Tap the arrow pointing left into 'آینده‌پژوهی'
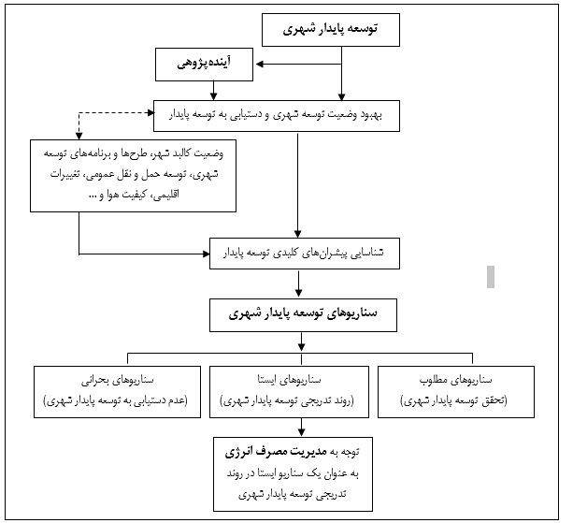pos(265,64)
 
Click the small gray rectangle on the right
pos(491,276)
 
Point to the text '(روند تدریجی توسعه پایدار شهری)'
pos(298,400)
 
